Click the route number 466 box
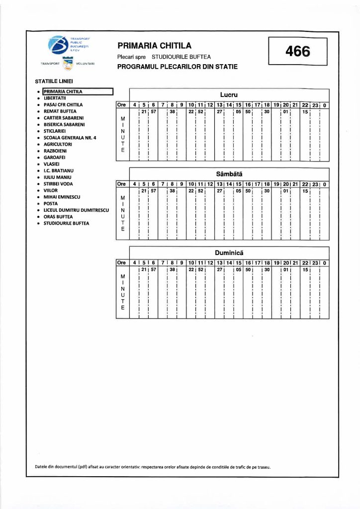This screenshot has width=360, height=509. pos(298,51)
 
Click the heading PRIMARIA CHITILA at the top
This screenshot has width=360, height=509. pos(154,46)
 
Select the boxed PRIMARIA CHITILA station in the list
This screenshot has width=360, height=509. pos(78,91)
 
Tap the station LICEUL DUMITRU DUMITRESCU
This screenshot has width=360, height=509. pos(76,210)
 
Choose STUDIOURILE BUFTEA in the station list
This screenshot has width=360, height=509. pos(67,223)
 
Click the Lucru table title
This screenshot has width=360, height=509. pos(229,94)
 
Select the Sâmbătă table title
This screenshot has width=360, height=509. pos(229,174)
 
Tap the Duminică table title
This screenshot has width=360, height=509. pos(229,253)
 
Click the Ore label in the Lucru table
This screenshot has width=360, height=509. pos(122,105)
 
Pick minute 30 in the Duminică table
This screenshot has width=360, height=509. pos(267,269)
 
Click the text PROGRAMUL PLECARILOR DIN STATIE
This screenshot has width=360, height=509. pos(177,67)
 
